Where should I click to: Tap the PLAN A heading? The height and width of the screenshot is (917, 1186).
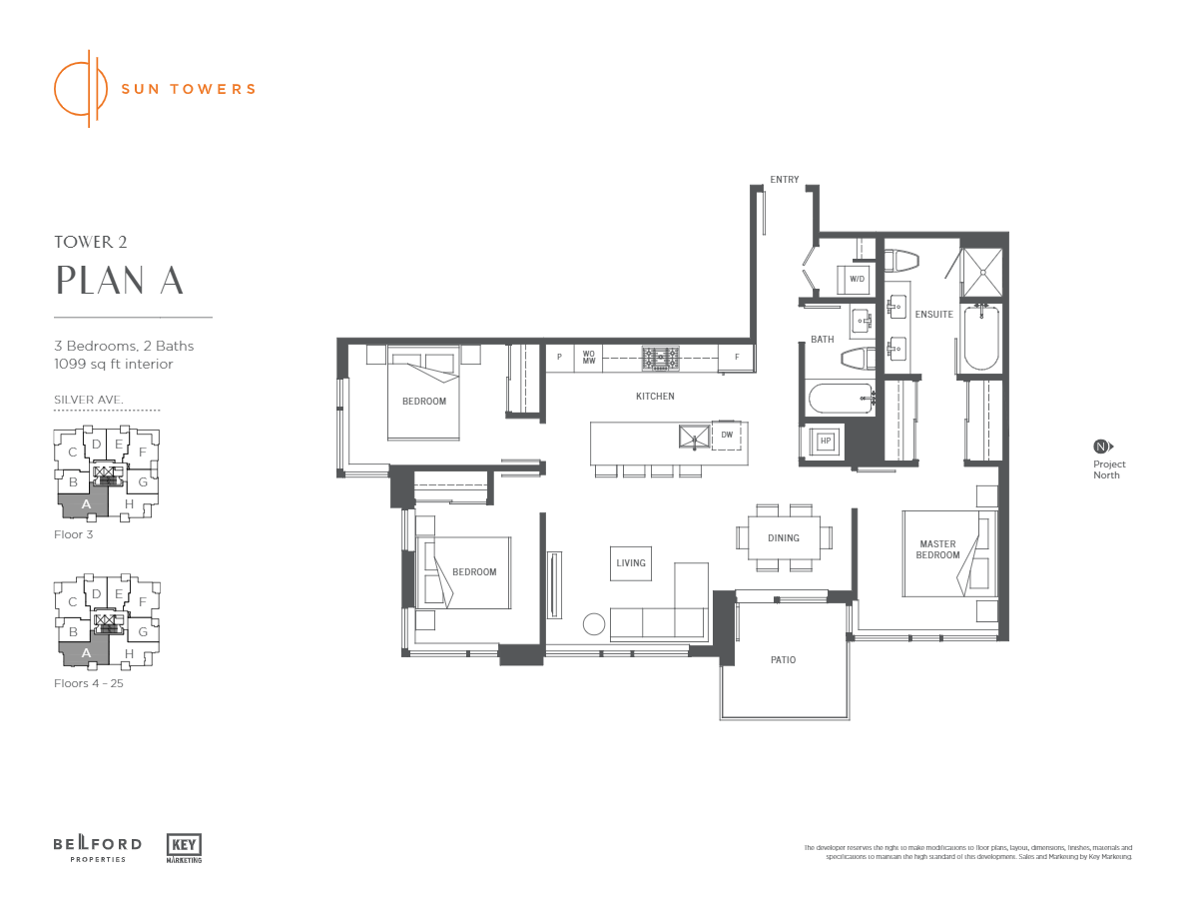[120, 281]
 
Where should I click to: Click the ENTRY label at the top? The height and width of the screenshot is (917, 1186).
[785, 180]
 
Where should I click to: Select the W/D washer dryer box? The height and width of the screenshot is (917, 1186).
[857, 279]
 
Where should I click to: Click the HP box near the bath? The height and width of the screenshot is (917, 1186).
[826, 441]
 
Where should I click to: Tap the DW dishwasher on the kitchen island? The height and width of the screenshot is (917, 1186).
[727, 436]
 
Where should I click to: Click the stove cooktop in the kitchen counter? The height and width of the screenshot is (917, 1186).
[660, 358]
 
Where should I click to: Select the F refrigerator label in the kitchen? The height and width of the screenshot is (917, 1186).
[737, 357]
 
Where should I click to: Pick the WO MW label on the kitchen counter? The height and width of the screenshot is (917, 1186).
[589, 357]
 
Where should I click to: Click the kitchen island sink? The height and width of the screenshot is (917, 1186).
[693, 436]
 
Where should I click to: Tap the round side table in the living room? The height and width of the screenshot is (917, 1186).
[594, 624]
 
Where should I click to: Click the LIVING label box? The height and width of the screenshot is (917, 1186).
[631, 562]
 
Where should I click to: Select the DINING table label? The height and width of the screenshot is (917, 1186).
[784, 538]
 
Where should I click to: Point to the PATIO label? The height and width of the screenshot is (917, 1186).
[783, 660]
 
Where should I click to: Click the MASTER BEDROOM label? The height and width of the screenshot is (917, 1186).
[937, 549]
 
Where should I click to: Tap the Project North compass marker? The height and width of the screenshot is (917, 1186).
[1101, 447]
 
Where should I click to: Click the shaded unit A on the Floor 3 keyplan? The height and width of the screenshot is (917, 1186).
[86, 504]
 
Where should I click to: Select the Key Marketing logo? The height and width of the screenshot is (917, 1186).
[185, 847]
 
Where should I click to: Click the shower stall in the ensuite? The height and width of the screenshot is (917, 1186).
[981, 269]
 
